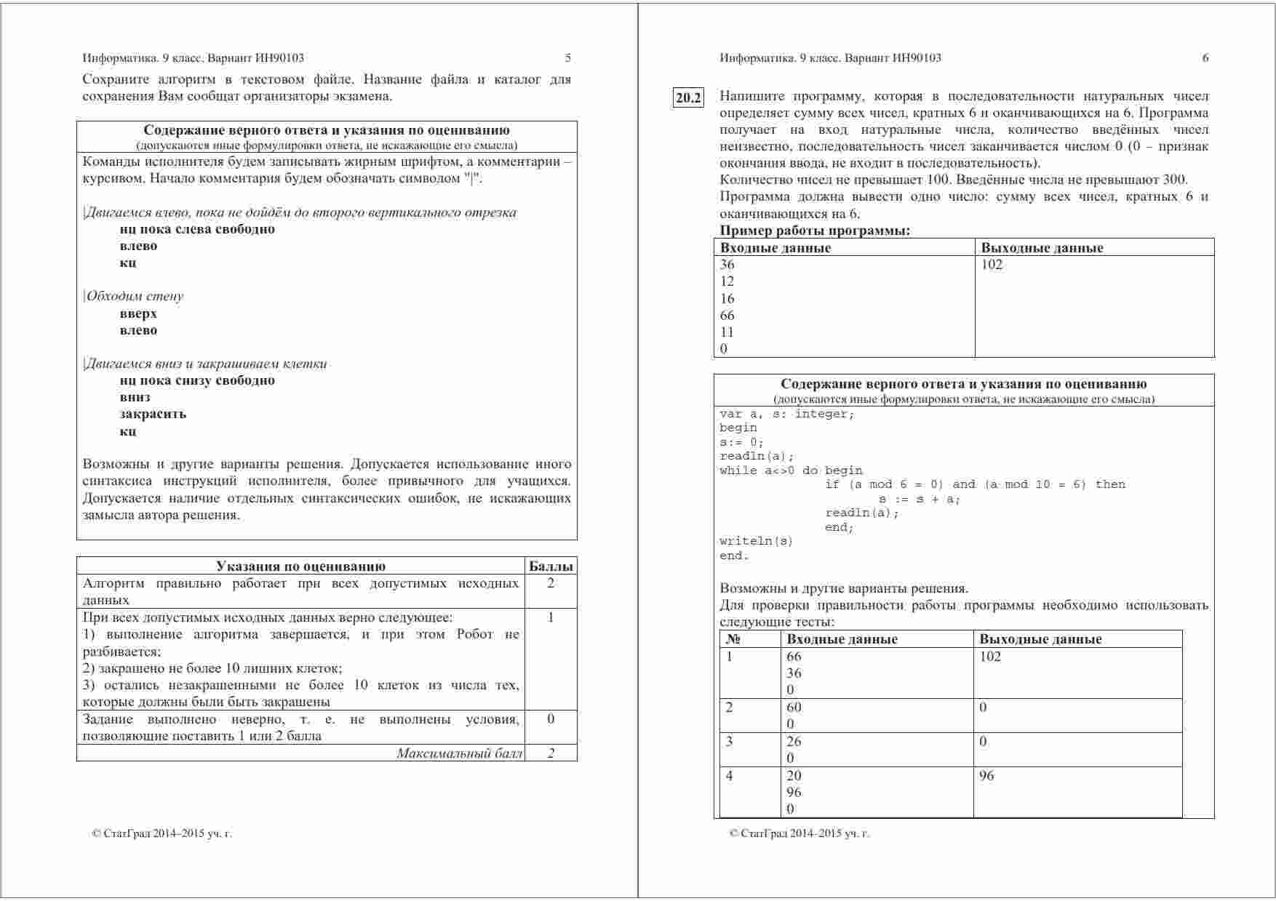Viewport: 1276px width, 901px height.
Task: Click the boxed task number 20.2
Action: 688,97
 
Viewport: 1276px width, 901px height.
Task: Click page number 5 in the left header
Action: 568,58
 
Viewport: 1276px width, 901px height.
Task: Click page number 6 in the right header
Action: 1205,58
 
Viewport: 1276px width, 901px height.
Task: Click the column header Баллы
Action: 551,566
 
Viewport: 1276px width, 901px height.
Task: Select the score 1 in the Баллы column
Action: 551,617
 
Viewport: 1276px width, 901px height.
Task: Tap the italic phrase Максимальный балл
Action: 459,753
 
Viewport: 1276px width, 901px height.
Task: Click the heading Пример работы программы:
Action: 815,231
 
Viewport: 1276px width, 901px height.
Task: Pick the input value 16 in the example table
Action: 727,299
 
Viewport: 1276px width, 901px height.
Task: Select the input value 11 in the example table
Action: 727,332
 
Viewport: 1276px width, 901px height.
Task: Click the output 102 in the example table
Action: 992,265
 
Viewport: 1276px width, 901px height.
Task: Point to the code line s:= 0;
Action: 741,442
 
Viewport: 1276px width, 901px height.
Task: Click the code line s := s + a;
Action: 920,499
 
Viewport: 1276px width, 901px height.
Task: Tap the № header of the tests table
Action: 733,639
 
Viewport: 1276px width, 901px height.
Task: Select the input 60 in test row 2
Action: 794,707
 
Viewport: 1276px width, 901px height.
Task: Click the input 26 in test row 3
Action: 794,742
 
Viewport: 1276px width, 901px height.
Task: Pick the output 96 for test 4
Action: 986,776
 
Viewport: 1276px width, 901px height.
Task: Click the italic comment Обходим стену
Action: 135,297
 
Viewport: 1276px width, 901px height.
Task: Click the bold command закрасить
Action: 153,415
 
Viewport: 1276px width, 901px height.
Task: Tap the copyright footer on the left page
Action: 162,834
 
